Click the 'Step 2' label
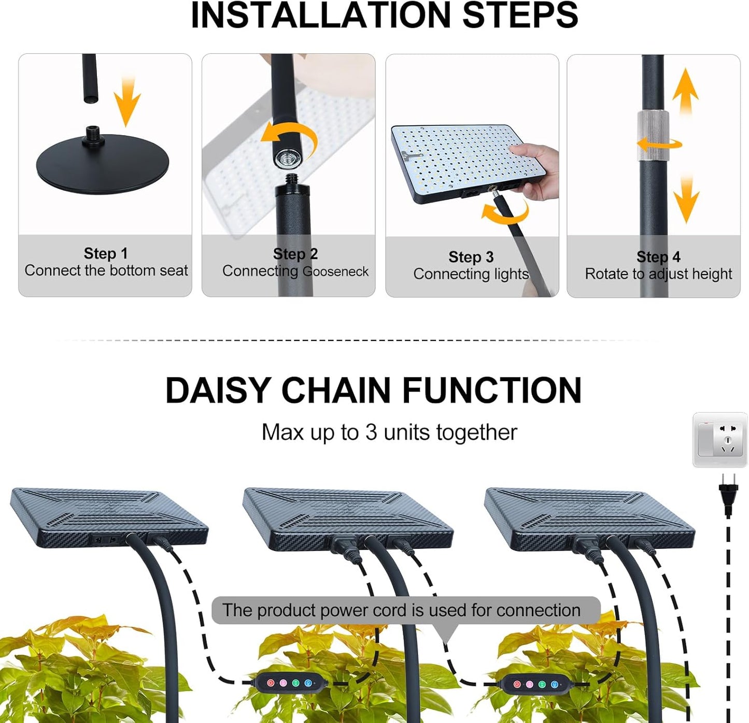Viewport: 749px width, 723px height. (295, 254)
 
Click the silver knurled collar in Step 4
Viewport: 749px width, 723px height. (653, 135)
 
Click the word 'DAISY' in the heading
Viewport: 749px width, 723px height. (218, 391)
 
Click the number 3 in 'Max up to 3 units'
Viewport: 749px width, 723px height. (371, 432)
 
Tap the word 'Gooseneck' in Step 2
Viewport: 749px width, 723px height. (335, 271)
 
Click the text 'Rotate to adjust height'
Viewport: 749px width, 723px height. (658, 273)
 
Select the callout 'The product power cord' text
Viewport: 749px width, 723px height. (401, 610)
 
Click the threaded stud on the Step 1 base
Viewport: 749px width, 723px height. (94, 131)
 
